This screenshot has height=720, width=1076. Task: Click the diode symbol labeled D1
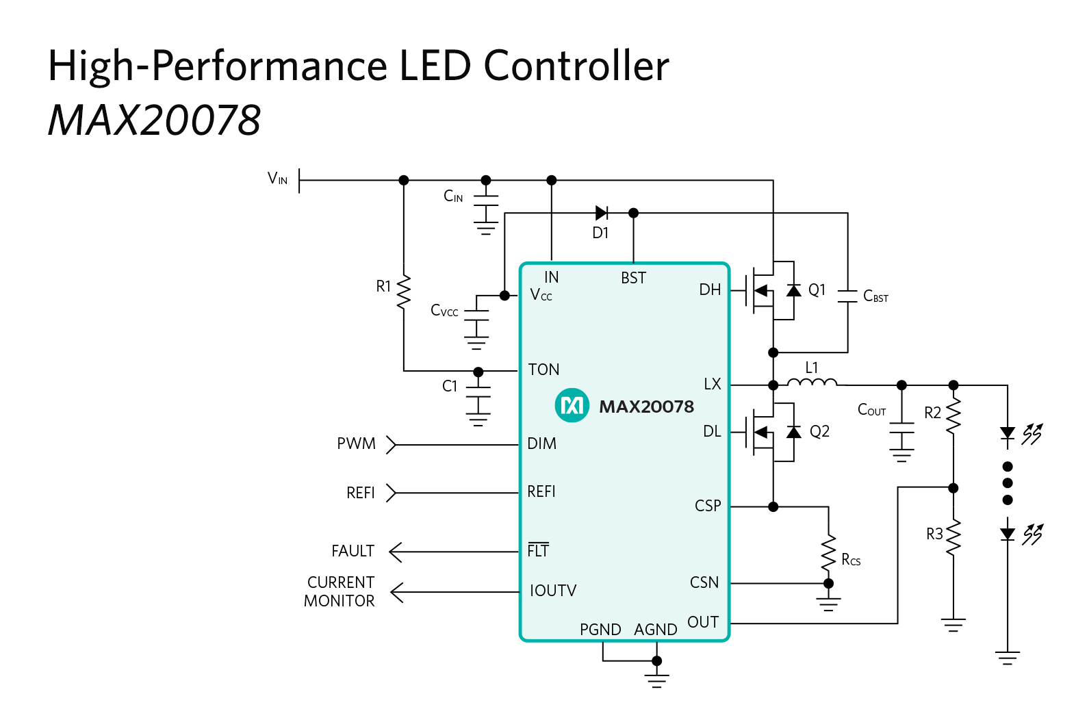[x=602, y=213]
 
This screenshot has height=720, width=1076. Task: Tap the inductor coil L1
[x=812, y=383]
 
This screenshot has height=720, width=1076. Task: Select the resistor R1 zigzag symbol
[x=404, y=292]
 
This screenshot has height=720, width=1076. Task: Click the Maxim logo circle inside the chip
[x=572, y=406]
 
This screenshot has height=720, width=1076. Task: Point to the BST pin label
[x=633, y=278]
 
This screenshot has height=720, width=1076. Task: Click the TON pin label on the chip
[x=543, y=370]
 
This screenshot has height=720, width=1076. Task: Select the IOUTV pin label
[x=553, y=591]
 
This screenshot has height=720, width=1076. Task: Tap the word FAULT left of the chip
[x=353, y=551]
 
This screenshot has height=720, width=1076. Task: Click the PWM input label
[x=356, y=443]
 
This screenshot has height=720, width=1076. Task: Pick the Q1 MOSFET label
[x=817, y=290]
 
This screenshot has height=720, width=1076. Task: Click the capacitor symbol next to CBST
[x=847, y=296]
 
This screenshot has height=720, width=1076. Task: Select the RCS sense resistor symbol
[x=828, y=553]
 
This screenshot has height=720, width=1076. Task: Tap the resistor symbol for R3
[x=953, y=537]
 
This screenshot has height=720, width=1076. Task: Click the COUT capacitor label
[x=871, y=410]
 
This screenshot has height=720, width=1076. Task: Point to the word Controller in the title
[x=576, y=66]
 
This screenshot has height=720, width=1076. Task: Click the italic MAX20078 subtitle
[x=154, y=120]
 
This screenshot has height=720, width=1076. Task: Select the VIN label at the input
[x=277, y=179]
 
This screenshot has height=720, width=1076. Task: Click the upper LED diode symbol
[x=1007, y=433]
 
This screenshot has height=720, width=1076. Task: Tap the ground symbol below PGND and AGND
[x=656, y=679]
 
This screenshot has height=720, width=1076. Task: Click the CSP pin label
[x=708, y=506]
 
